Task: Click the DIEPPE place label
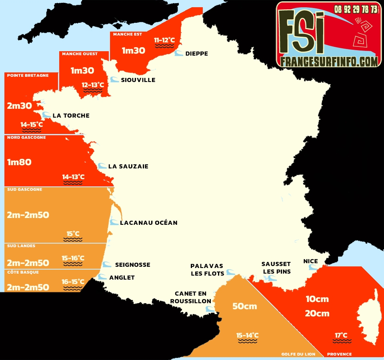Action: point(196,54)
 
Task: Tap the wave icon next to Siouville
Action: point(114,80)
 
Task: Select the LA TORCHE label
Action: point(71,116)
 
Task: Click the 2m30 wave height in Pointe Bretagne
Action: point(19,106)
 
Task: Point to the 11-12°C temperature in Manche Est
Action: point(164,40)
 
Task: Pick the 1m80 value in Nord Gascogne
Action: point(19,162)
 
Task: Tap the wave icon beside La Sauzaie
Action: point(102,166)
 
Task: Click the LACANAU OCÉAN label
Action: point(148,222)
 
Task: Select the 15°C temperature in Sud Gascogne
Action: point(73,234)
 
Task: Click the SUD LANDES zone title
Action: point(21,246)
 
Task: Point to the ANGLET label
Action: point(122,277)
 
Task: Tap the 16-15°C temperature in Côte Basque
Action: point(73,282)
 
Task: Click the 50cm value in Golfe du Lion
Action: point(244,307)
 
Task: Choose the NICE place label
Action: point(310,261)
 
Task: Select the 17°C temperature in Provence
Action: point(341,335)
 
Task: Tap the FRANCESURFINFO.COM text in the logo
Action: point(329,61)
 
